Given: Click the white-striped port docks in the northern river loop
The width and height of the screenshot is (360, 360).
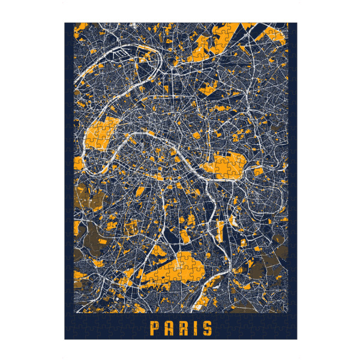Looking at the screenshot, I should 123,55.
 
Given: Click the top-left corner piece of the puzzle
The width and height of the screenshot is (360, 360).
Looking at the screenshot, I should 68,27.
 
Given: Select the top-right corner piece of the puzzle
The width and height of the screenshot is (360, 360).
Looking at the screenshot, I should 293,27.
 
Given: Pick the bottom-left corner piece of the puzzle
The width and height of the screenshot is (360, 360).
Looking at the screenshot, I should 68,335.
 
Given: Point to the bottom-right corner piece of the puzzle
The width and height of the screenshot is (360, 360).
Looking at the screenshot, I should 293,335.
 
